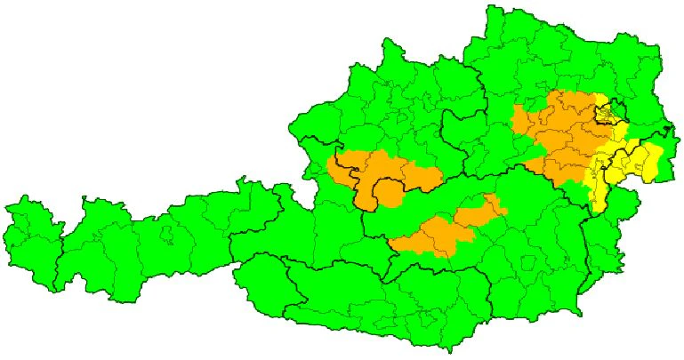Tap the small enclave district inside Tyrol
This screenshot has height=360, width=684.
(x=166, y=236)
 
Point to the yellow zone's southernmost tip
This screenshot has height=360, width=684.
(x=594, y=210)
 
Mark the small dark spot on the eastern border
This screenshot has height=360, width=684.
(x=666, y=131)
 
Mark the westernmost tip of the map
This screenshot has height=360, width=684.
(x=6, y=210)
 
